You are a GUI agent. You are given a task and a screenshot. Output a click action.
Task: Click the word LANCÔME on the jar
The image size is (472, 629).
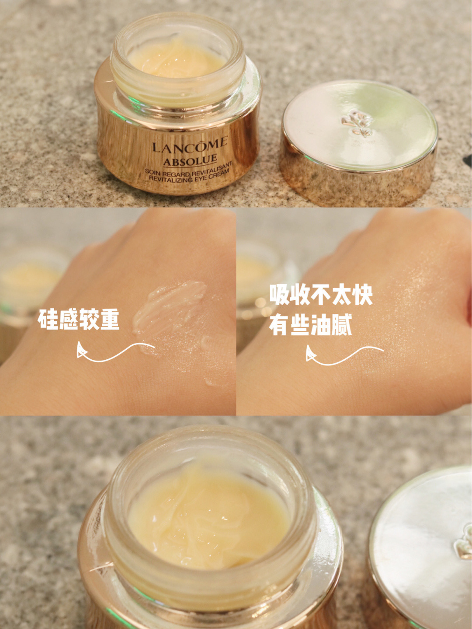point(190,145)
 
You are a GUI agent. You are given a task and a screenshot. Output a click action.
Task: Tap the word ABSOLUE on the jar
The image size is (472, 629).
point(191,160)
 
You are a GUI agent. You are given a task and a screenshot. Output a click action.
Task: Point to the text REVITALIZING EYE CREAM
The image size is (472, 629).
point(189,177)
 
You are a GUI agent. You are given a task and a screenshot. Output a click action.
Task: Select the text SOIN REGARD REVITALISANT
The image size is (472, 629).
point(189,170)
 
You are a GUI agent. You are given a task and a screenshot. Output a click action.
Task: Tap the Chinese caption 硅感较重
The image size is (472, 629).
point(79,320)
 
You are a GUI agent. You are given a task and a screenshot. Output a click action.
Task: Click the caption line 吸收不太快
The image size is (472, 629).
point(321,295)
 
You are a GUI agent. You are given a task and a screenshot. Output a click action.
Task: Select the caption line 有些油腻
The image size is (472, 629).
point(310,326)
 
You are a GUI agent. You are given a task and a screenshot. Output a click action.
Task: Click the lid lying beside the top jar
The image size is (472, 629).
point(358,140)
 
